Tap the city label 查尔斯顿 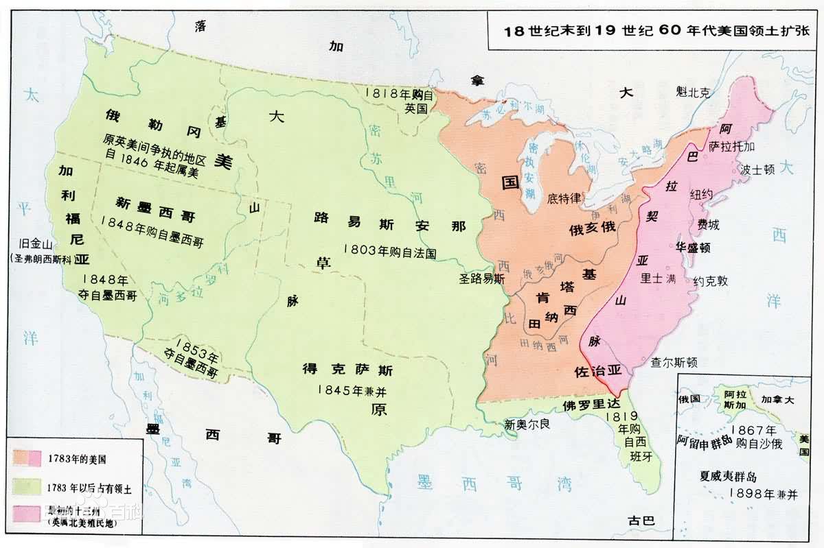coord(674,362)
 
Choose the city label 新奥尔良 coord(527,424)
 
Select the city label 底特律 coord(564,198)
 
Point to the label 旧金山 coord(38,244)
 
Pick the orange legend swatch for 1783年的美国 coord(28,457)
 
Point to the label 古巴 coord(641,521)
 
